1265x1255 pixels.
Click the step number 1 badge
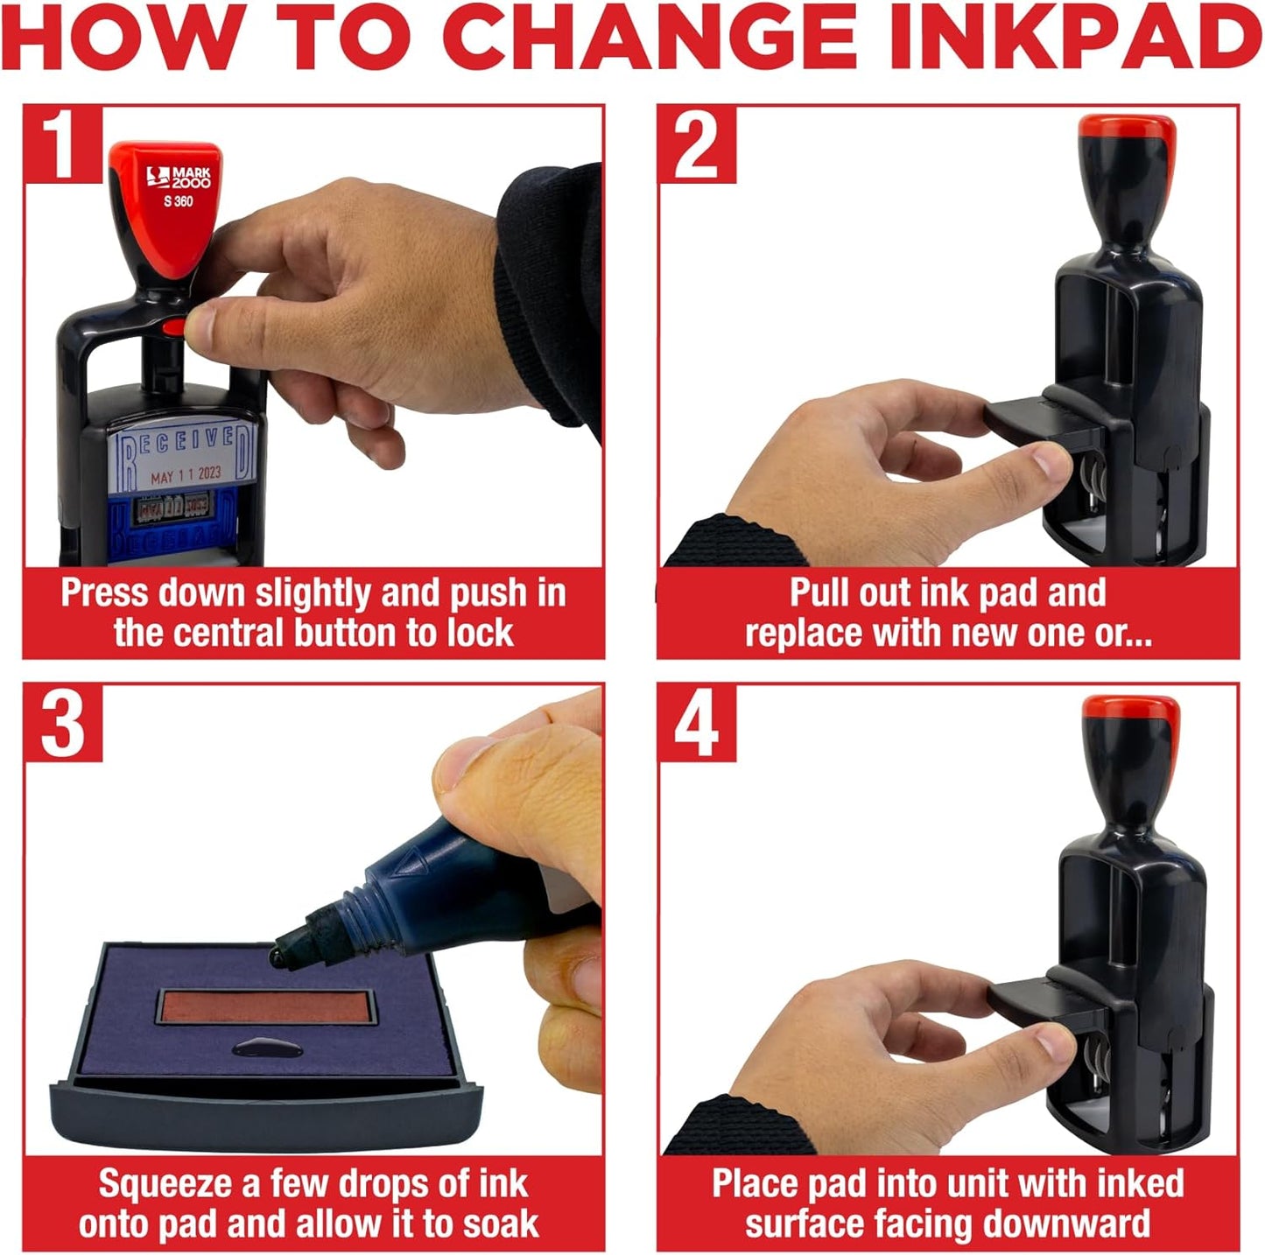click(x=61, y=144)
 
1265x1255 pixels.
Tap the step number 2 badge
click(x=696, y=144)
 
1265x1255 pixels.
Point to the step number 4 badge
click(x=696, y=723)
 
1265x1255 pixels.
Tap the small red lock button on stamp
click(x=175, y=326)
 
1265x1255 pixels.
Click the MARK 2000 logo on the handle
click(x=179, y=177)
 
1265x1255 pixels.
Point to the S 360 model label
click(x=178, y=201)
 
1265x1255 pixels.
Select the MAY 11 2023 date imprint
click(x=186, y=475)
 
